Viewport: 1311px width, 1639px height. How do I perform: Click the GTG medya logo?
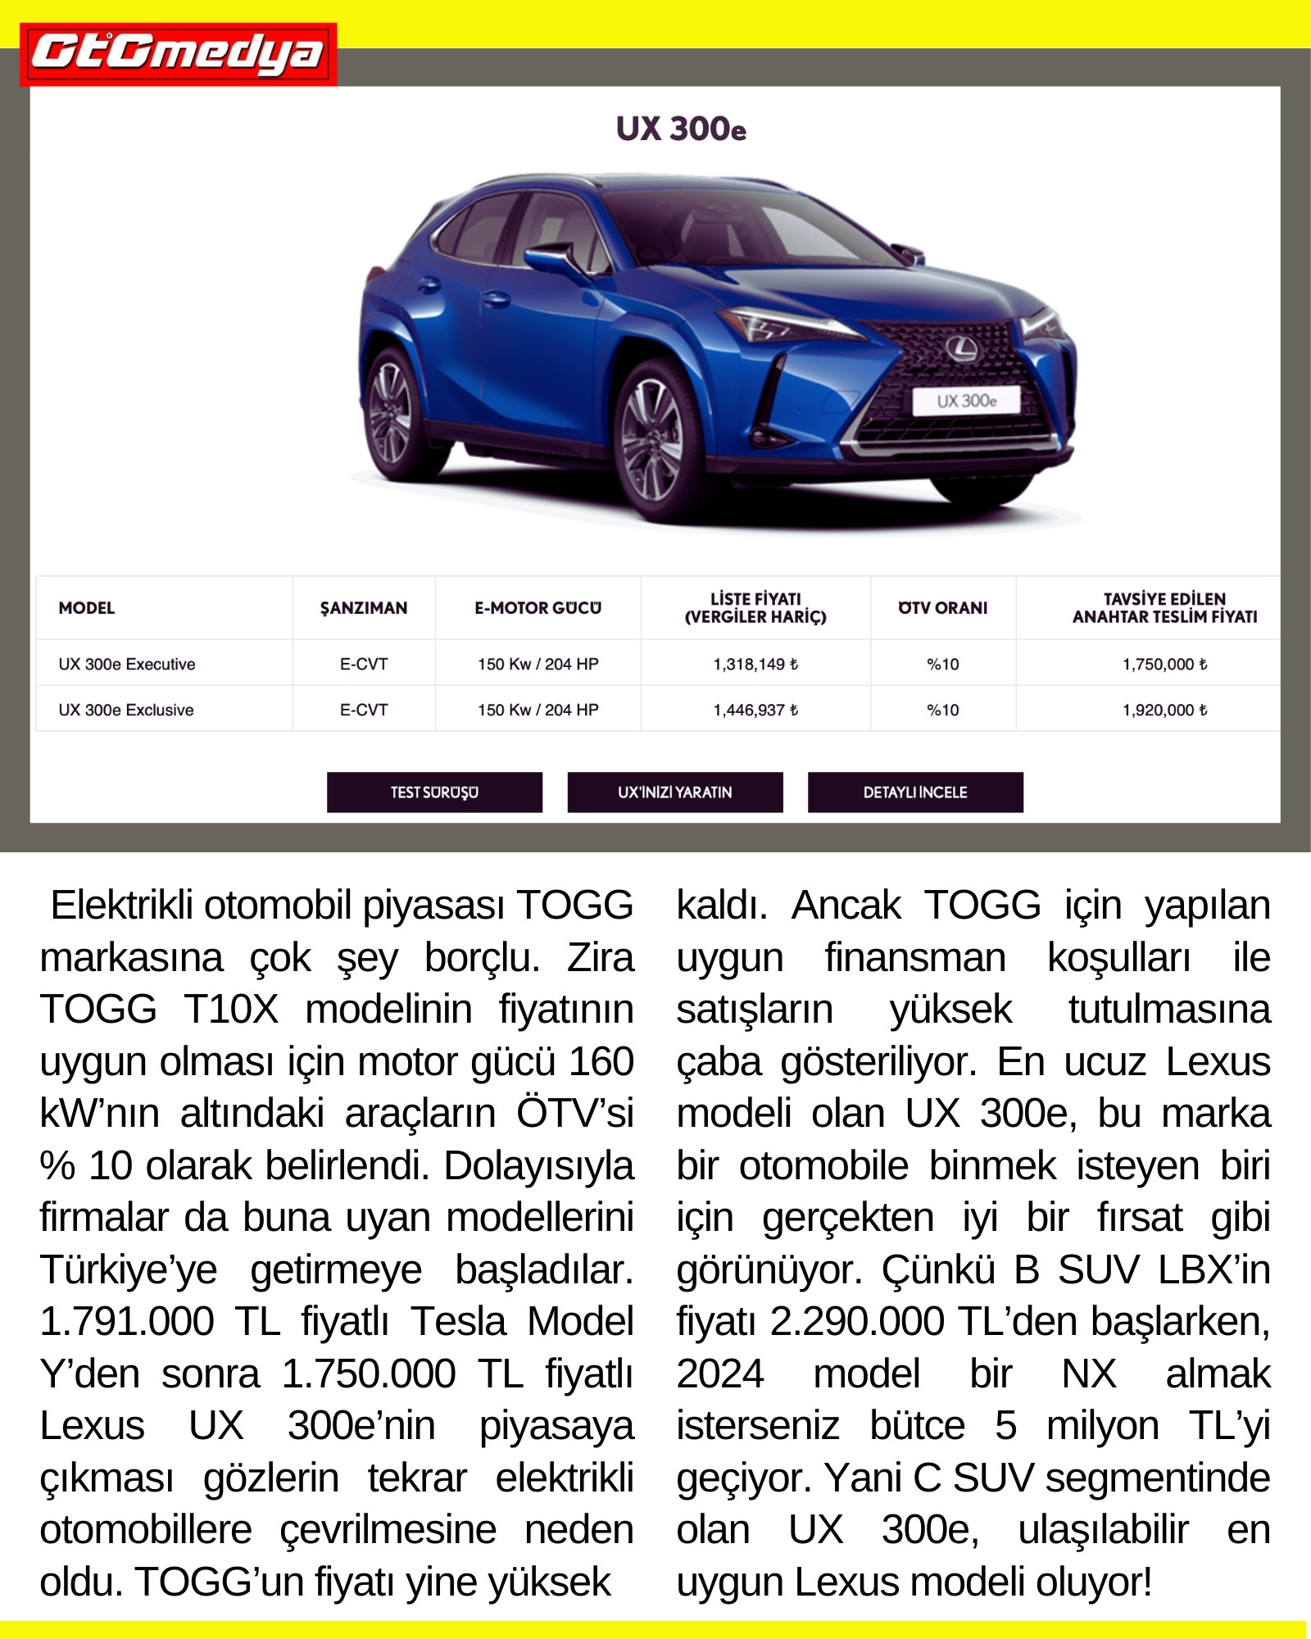(x=178, y=54)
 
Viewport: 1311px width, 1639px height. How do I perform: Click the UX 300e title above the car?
(x=681, y=129)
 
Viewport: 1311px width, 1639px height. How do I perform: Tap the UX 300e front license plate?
(x=966, y=401)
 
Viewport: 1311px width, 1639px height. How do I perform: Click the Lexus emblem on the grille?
(x=962, y=348)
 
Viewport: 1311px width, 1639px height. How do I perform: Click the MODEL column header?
(x=86, y=608)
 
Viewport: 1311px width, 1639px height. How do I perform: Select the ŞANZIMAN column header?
(x=363, y=608)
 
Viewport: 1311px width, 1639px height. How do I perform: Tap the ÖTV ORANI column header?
(x=942, y=608)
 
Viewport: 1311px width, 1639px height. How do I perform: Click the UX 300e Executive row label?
(x=127, y=664)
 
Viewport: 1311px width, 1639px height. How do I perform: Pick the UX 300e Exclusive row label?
(x=126, y=710)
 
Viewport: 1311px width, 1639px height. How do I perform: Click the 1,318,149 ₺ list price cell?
(x=755, y=664)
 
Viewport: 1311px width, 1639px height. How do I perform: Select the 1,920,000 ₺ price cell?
(x=1164, y=710)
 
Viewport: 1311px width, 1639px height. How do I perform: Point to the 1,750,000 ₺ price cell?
(x=1164, y=664)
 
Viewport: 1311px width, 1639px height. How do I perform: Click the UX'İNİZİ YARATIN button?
(x=674, y=792)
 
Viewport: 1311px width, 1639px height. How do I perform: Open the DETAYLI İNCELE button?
(x=915, y=792)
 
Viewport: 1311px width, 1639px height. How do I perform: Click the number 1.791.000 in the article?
(x=127, y=1322)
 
